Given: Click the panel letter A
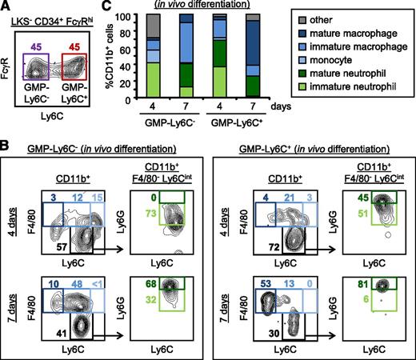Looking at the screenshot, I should click(8, 8).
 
